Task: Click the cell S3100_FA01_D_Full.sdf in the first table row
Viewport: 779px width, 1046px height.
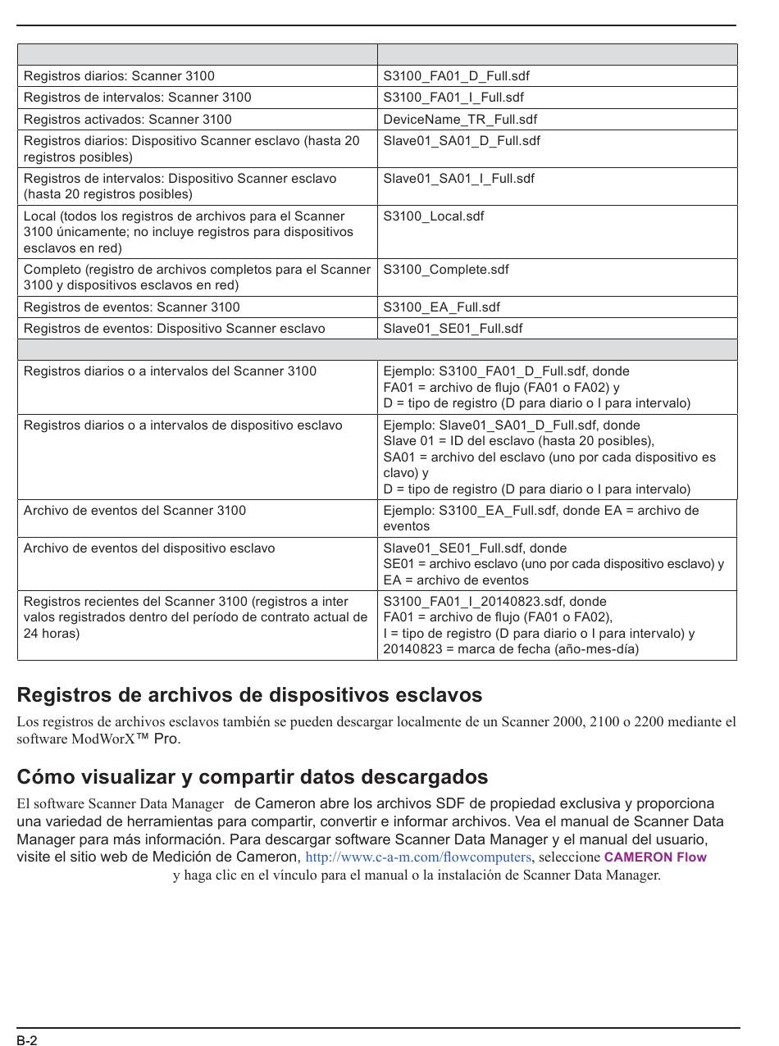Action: pos(456,76)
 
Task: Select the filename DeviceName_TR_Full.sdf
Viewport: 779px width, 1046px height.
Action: pos(460,119)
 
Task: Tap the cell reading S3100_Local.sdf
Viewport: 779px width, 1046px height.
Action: pos(434,216)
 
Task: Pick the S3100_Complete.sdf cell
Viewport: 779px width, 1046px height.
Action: pos(446,270)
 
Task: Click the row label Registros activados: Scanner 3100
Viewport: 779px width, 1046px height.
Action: pos(127,119)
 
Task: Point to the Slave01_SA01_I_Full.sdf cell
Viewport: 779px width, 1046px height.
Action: pos(458,179)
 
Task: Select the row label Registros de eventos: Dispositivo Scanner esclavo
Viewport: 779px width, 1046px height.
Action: pos(174,329)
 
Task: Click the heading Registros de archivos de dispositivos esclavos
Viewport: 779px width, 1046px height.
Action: pos(249,695)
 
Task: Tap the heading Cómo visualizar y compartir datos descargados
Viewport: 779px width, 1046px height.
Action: pos(253,776)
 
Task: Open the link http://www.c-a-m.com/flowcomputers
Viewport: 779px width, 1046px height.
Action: pos(418,857)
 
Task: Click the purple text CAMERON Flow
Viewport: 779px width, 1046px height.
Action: pos(655,857)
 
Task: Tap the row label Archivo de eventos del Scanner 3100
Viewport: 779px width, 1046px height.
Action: pos(134,511)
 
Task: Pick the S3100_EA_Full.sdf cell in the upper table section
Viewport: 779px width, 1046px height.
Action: pos(441,307)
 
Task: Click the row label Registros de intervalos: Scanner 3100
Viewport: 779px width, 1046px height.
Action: pos(137,98)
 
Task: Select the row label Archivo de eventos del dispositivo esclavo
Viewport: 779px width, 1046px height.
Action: pos(149,548)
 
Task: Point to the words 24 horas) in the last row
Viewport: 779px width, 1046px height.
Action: pos(52,634)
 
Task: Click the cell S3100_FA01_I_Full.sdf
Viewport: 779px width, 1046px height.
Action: pos(453,98)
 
